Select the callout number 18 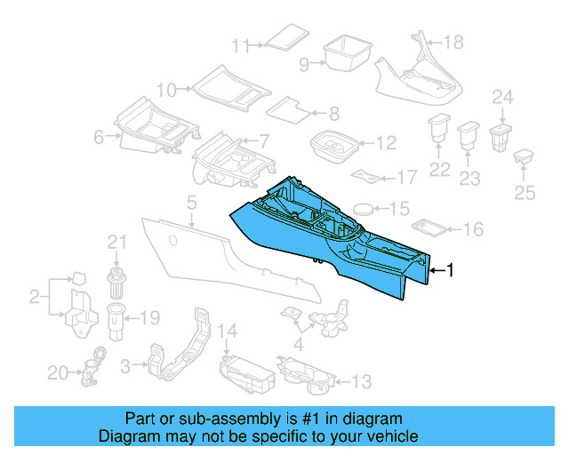(453, 43)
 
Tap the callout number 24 (503, 97)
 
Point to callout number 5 (191, 204)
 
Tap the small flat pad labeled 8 (289, 111)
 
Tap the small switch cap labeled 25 (525, 157)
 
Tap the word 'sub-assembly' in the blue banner (212, 419)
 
